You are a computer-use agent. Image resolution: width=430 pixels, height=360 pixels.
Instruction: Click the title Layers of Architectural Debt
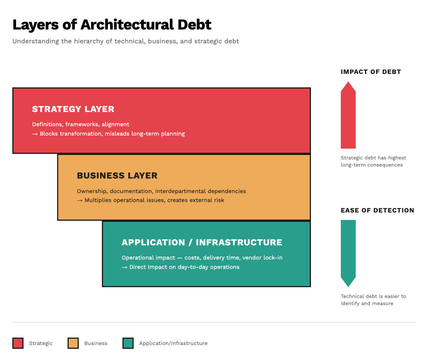pyautogui.click(x=112, y=25)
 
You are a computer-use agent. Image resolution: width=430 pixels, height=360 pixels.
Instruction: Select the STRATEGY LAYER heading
pyautogui.click(x=73, y=109)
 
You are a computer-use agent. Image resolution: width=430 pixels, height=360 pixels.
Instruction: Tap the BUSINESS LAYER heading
pyautogui.click(x=117, y=176)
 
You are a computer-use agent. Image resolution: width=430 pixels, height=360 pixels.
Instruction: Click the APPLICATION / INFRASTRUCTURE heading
pyautogui.click(x=202, y=242)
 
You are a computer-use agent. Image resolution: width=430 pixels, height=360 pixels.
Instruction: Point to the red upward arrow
pyautogui.click(x=348, y=115)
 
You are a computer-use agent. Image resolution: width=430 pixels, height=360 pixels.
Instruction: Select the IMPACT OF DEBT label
pyautogui.click(x=371, y=72)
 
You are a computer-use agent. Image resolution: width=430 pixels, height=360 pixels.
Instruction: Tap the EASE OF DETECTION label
pyautogui.click(x=377, y=210)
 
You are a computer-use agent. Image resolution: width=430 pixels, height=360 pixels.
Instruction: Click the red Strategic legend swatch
pyautogui.click(x=18, y=343)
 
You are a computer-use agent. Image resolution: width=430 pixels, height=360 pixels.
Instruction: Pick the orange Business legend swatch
pyautogui.click(x=73, y=343)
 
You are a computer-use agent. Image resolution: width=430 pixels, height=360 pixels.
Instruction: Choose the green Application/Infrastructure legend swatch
pyautogui.click(x=128, y=343)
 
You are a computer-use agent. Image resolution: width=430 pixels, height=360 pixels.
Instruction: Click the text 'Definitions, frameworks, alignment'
pyautogui.click(x=81, y=124)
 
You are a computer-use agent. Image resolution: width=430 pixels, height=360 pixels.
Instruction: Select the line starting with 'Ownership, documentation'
pyautogui.click(x=161, y=191)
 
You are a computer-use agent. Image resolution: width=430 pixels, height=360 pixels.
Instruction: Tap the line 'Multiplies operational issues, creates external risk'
pyautogui.click(x=154, y=200)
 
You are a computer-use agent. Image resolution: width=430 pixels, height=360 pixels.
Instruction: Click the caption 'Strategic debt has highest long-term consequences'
pyautogui.click(x=373, y=161)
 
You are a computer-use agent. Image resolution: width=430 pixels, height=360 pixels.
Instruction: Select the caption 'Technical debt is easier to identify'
pyautogui.click(x=373, y=300)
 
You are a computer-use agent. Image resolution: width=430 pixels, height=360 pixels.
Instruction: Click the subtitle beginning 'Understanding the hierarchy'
pyautogui.click(x=125, y=41)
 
